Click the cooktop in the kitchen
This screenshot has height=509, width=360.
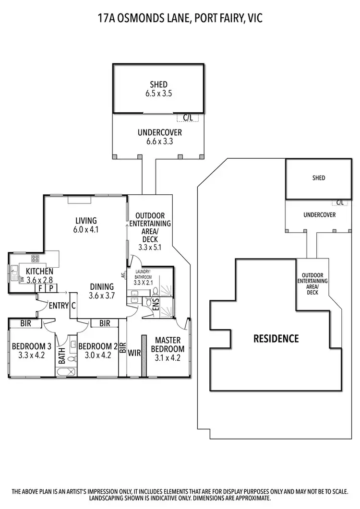[x=35, y=259]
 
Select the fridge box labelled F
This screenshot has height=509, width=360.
[x=41, y=288]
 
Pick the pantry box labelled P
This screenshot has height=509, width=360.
[x=51, y=288]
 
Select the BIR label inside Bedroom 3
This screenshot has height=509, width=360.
[x=26, y=324]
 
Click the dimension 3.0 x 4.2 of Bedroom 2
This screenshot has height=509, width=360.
[x=97, y=355]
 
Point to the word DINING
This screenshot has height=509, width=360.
[x=102, y=286]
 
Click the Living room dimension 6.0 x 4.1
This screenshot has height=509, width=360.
[x=86, y=229]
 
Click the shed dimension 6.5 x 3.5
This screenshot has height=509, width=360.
[x=158, y=94]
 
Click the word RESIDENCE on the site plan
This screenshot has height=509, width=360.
[x=276, y=339]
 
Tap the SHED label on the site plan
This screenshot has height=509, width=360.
[x=318, y=178]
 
